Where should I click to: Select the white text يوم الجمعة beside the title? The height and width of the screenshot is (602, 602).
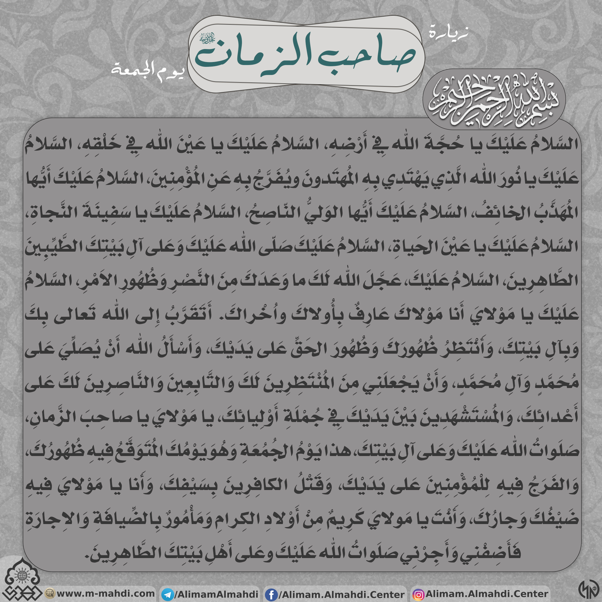(x=148, y=70)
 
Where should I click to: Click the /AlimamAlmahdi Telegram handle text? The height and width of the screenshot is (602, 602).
(x=216, y=594)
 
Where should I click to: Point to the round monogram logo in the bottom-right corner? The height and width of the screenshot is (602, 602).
(x=588, y=589)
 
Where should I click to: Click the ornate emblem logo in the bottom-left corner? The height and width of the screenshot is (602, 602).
(x=22, y=579)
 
